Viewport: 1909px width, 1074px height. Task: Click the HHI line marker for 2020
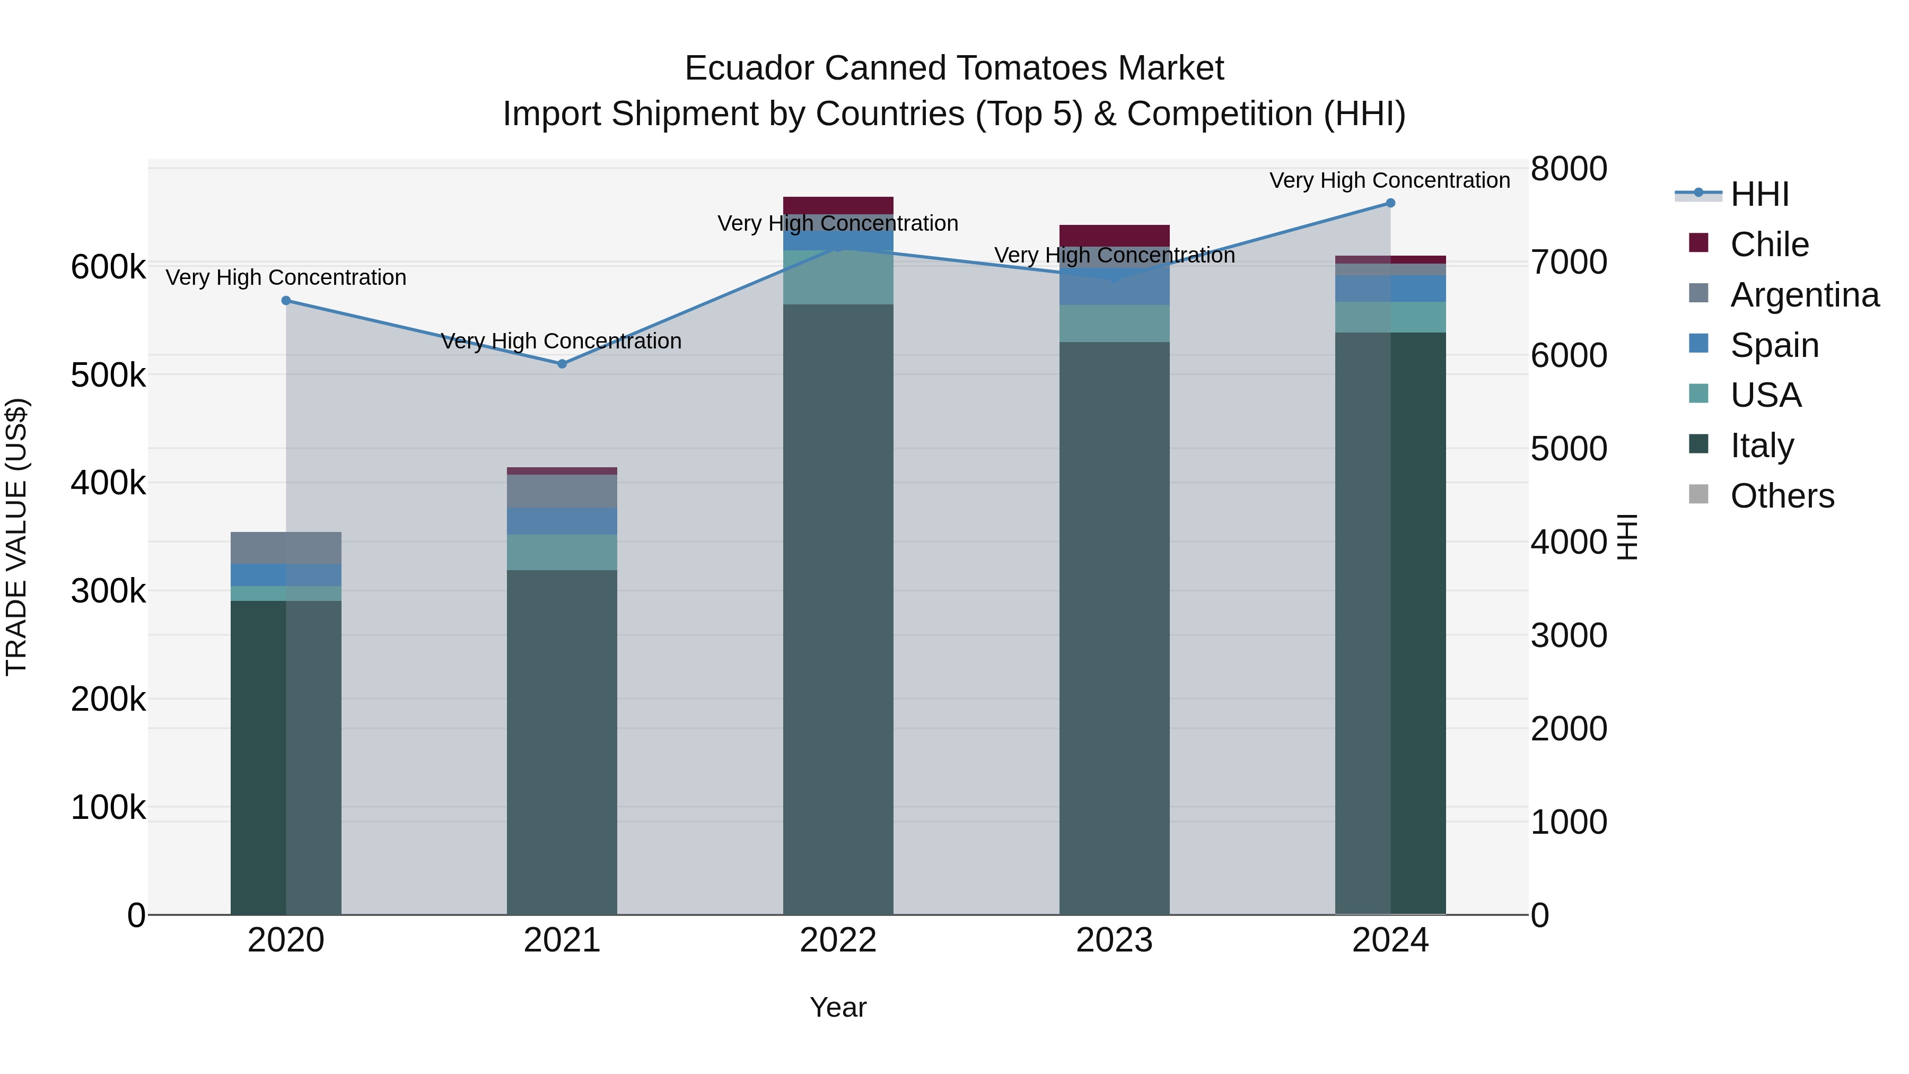click(x=286, y=300)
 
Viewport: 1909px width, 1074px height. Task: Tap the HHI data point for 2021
click(x=562, y=364)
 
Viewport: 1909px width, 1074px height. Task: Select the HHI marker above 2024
click(x=1390, y=203)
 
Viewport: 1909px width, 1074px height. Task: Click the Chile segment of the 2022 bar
click(x=838, y=205)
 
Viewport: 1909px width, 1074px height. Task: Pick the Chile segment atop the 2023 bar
click(x=1115, y=235)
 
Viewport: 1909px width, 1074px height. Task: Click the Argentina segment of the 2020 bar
click(x=286, y=548)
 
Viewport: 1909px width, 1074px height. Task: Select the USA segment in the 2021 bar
click(x=562, y=552)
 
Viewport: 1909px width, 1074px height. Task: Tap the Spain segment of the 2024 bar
click(x=1390, y=289)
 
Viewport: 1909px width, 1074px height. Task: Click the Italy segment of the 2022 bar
click(x=838, y=608)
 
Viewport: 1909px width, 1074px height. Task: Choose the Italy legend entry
click(x=1762, y=446)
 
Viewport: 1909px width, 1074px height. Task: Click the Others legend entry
click(x=1782, y=496)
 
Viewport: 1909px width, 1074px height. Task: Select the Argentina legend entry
click(x=1804, y=295)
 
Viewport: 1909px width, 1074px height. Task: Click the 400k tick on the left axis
click(x=108, y=483)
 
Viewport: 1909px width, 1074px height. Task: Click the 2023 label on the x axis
click(x=1115, y=940)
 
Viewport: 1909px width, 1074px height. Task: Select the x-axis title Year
click(x=838, y=1007)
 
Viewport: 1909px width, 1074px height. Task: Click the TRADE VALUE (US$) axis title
click(x=16, y=537)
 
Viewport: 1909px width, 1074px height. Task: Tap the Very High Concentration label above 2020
click(x=286, y=277)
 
